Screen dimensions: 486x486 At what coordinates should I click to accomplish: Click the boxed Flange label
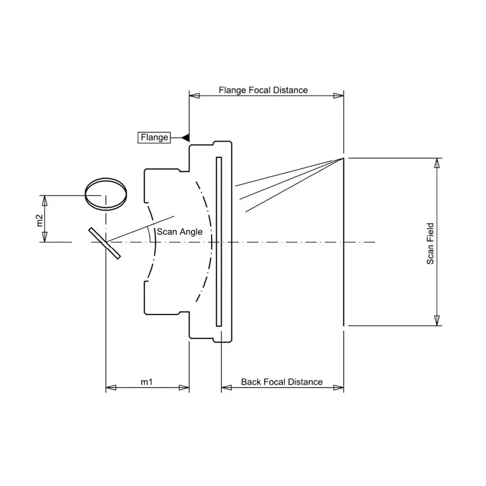coord(154,138)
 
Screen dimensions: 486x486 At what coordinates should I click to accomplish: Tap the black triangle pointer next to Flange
coord(185,138)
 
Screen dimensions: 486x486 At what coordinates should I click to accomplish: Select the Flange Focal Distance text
coord(263,90)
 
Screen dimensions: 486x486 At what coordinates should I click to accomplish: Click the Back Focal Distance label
coord(282,382)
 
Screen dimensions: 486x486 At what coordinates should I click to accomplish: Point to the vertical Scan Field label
coord(430,243)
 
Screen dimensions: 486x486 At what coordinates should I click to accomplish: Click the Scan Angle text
coord(179,232)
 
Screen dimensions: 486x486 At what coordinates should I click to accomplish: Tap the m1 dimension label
coord(147,382)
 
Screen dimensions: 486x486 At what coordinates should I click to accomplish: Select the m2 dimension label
coord(39,220)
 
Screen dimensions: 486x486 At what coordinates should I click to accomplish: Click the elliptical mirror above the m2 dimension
coord(106,194)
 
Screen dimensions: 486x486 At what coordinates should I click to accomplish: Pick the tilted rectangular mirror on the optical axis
coord(104,243)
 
